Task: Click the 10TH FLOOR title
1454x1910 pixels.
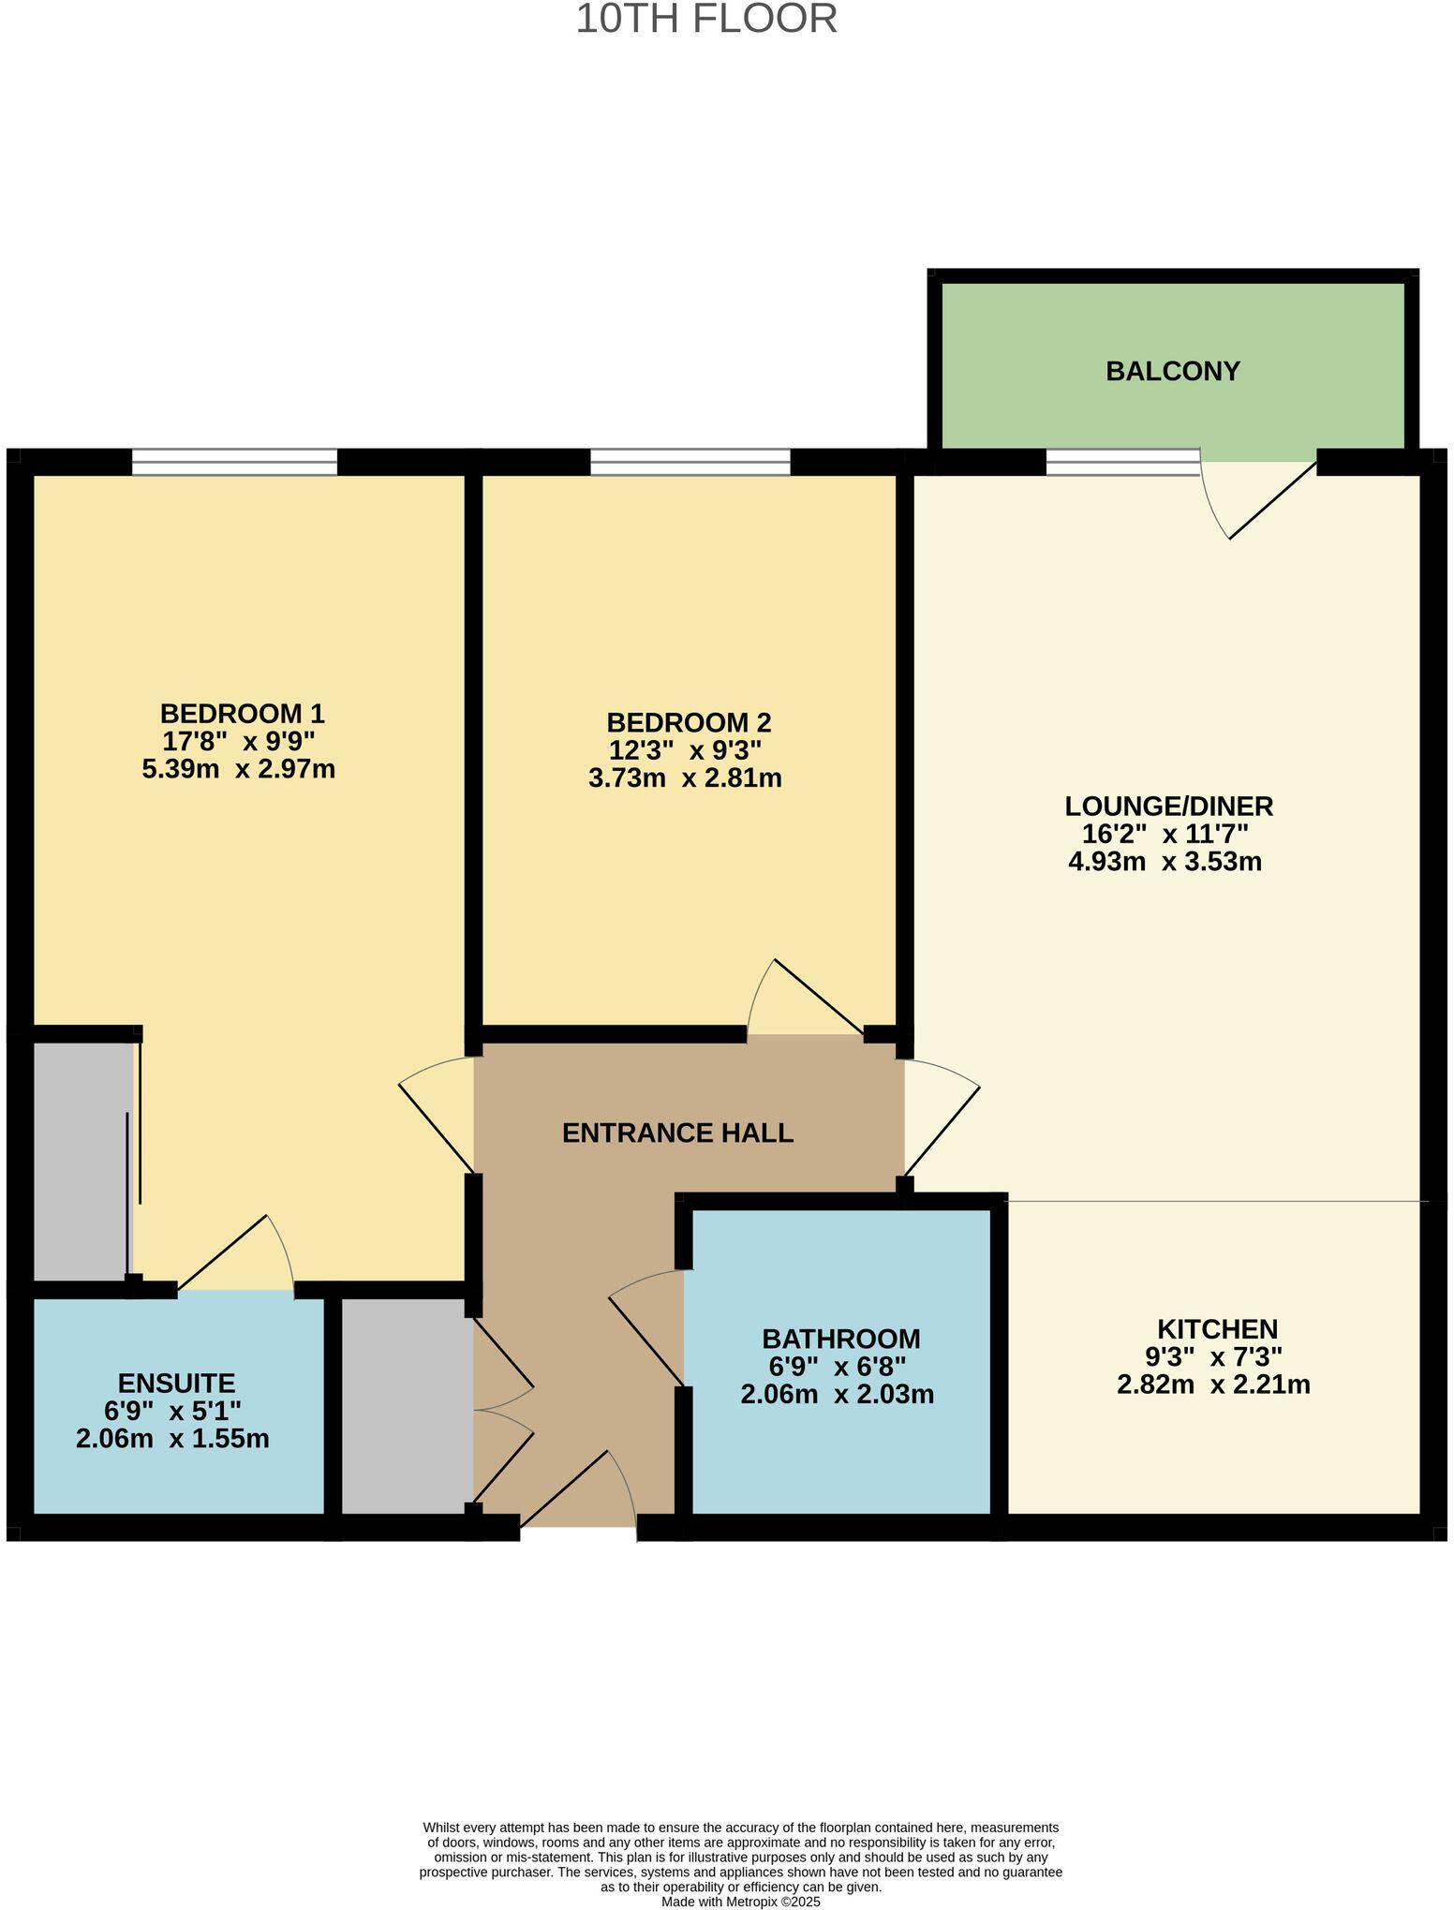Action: [705, 20]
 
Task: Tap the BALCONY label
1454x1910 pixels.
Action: [1172, 371]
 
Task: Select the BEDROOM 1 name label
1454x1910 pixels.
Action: [242, 713]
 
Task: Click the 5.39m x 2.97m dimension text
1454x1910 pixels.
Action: [238, 769]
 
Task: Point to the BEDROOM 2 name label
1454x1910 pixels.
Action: [689, 722]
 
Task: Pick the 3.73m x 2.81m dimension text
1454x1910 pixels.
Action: [685, 777]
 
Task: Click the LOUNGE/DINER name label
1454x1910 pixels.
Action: [1168, 806]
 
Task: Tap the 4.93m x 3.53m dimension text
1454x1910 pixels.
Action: [1165, 861]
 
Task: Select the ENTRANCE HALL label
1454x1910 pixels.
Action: [677, 1133]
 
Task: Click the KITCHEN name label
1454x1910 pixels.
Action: [1217, 1328]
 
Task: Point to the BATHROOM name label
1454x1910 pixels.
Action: [840, 1339]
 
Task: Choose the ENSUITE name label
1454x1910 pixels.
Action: [176, 1383]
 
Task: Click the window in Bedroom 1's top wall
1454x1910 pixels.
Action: [234, 462]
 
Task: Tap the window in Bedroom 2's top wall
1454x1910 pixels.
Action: [690, 462]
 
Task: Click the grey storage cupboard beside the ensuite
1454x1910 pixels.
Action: [406, 1404]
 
